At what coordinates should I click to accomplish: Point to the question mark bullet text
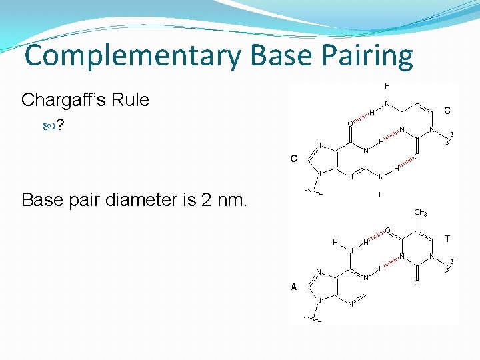point(60,125)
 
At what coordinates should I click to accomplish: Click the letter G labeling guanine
point(293,159)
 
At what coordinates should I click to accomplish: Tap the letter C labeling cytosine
point(447,110)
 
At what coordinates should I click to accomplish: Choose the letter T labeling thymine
point(447,238)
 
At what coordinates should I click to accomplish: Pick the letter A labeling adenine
point(293,287)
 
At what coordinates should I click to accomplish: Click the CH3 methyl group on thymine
point(420,213)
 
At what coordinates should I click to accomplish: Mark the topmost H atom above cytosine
point(387,86)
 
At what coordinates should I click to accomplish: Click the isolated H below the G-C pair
point(381,195)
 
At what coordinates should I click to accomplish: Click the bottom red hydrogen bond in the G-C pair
point(407,162)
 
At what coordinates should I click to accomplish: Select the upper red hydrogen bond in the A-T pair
point(377,236)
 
